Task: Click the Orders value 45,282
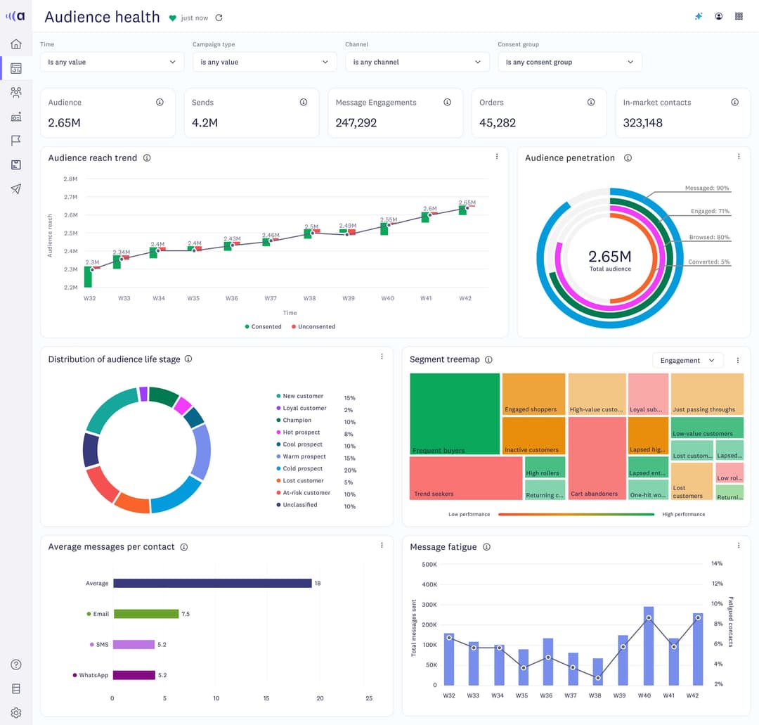click(498, 123)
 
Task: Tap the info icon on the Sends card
click(304, 102)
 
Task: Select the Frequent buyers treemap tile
click(454, 413)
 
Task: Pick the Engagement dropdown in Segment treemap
click(687, 360)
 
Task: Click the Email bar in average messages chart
click(145, 614)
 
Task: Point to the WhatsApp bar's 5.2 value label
click(162, 675)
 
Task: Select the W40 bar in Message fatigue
click(648, 646)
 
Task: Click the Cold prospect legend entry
click(302, 469)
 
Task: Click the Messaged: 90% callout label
click(706, 188)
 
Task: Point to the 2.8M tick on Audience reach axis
click(70, 179)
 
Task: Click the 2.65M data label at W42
click(467, 203)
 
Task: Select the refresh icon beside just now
click(219, 18)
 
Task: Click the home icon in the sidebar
click(16, 44)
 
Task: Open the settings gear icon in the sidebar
click(16, 712)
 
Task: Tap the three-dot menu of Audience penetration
click(739, 157)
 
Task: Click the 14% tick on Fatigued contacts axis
click(717, 564)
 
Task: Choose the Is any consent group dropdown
click(569, 62)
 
